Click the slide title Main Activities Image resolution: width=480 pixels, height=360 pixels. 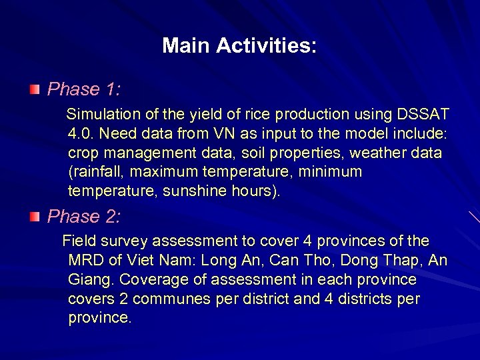(239, 46)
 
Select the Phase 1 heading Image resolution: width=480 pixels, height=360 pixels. (83, 89)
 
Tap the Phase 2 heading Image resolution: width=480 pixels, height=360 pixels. (83, 217)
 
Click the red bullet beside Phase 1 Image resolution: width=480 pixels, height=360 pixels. (35, 89)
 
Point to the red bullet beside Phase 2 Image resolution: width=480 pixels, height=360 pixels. (35, 217)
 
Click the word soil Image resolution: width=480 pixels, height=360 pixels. (249, 153)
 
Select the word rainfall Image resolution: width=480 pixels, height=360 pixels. (97, 172)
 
